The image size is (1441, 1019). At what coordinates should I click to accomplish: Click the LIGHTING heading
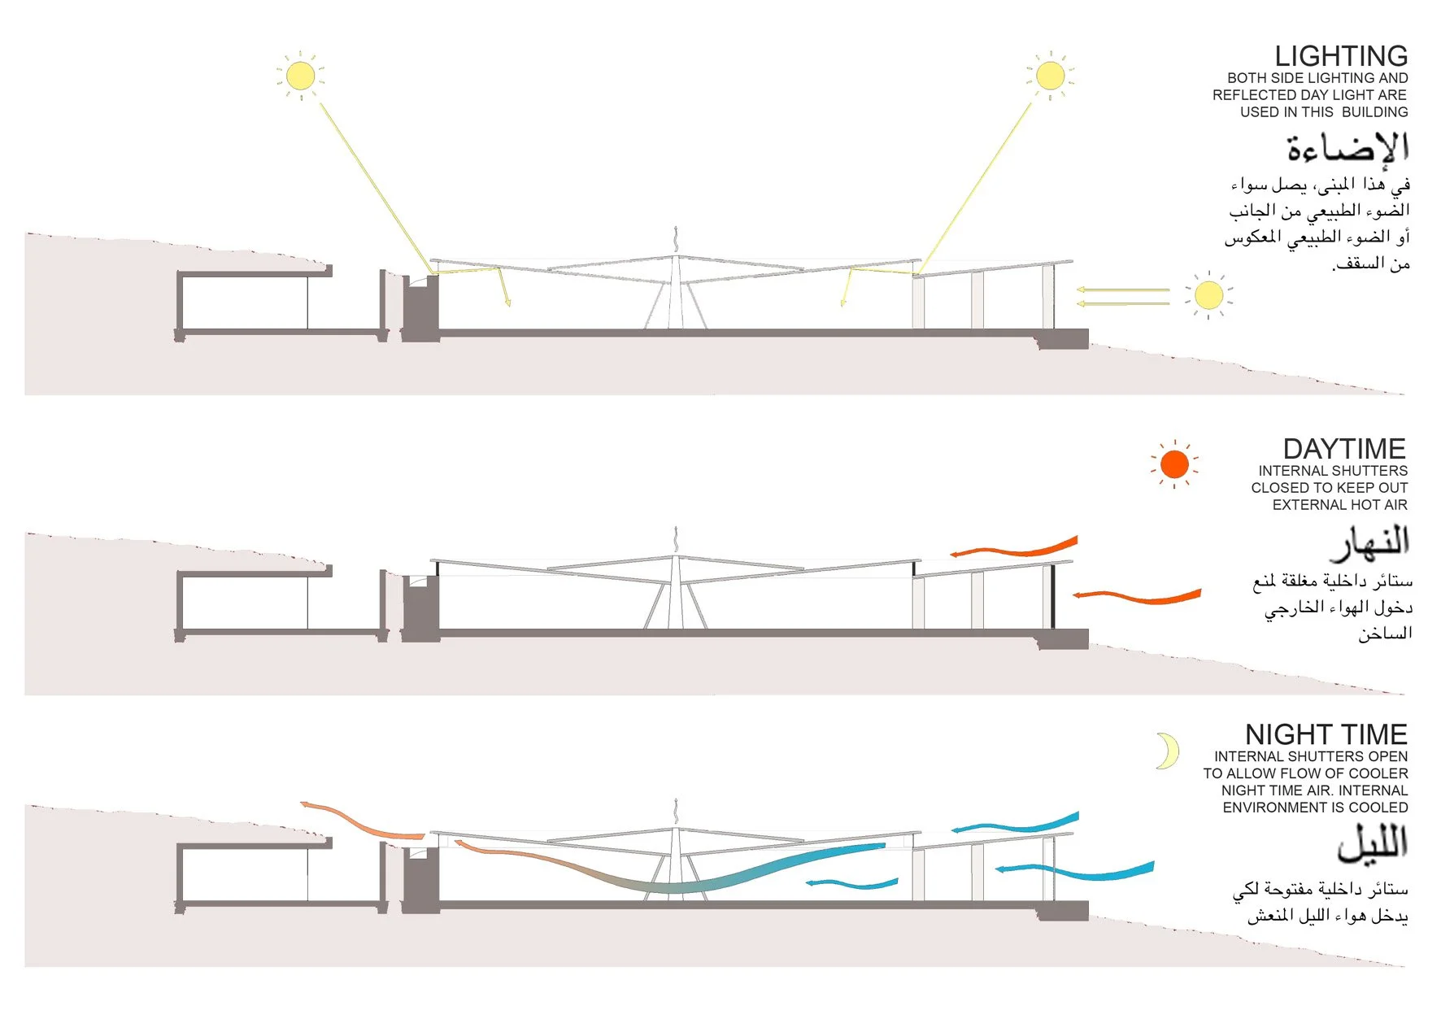(x=1340, y=56)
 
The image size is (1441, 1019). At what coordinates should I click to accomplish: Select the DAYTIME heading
(x=1343, y=449)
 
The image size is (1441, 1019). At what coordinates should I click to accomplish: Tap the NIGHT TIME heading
(x=1326, y=734)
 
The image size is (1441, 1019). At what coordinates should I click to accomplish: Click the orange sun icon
(x=1174, y=464)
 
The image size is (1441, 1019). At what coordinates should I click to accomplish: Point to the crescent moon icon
(x=1168, y=751)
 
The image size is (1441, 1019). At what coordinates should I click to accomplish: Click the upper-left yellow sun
(x=300, y=76)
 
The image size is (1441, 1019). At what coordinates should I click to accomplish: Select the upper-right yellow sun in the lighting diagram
(x=1050, y=76)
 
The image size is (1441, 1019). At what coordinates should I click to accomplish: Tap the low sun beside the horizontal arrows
(x=1208, y=295)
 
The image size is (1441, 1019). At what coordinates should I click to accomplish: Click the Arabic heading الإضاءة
(x=1347, y=148)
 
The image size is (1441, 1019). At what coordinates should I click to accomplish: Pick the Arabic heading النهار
(x=1370, y=542)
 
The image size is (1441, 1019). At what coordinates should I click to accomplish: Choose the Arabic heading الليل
(x=1373, y=843)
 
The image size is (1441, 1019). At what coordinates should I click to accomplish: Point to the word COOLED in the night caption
(x=1378, y=808)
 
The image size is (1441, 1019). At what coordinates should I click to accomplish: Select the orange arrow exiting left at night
(x=362, y=821)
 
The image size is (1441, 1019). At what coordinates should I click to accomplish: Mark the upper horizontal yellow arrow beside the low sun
(x=1122, y=290)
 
